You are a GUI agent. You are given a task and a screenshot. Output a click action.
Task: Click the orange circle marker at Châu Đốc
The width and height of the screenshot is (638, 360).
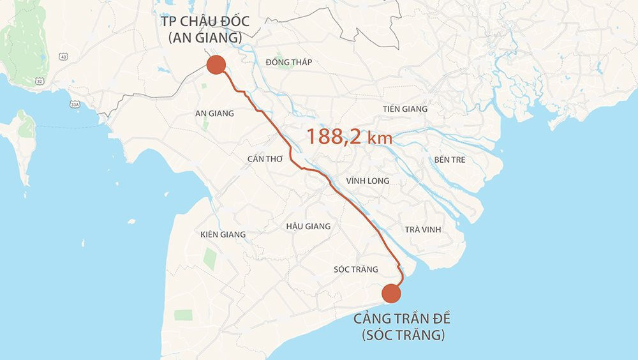[216, 65]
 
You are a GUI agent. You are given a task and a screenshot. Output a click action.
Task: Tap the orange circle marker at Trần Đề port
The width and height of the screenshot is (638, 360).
[391, 293]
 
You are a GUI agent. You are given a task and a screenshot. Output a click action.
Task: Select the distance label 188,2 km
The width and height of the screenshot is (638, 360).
[349, 136]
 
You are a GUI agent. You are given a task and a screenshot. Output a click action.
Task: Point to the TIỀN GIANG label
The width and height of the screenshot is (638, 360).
[405, 109]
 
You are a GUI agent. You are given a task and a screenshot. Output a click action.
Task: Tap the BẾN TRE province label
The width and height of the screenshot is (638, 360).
[450, 160]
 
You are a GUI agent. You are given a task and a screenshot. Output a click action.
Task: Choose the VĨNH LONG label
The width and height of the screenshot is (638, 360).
[367, 181]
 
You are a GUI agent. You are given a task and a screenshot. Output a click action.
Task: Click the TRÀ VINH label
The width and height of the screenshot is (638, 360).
[422, 229]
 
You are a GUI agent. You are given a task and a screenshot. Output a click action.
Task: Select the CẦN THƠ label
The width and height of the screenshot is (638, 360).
[265, 158]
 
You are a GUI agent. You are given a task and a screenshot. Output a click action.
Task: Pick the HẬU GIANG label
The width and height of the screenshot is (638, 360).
[308, 226]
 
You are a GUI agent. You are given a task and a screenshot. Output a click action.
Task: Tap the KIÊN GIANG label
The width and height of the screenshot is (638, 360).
[223, 234]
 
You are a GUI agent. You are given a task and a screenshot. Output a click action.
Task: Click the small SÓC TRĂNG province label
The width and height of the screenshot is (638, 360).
[356, 269]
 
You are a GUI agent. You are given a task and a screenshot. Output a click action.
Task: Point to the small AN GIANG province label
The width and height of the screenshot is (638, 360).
[214, 114]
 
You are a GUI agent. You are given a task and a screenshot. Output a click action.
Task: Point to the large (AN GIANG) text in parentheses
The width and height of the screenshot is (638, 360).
[205, 40]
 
